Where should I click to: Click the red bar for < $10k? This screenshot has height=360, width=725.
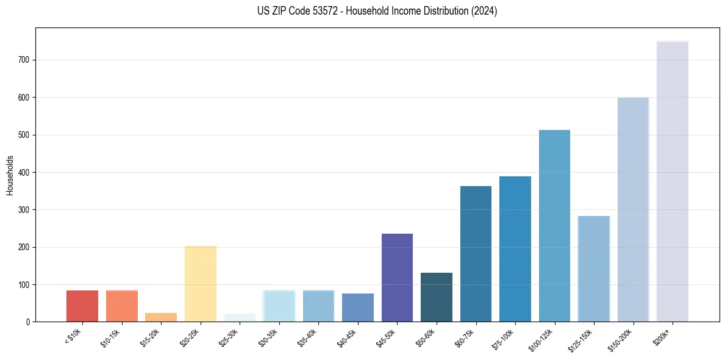[x=82, y=306]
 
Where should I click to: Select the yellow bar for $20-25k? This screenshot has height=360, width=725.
[x=201, y=284]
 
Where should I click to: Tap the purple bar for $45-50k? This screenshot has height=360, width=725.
[x=397, y=278]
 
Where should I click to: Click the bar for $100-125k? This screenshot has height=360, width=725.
[x=554, y=226]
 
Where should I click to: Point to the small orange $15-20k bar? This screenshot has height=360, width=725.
[x=161, y=317]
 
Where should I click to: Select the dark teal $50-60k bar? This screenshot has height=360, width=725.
[x=437, y=297]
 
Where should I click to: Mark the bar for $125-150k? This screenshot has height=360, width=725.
[x=594, y=268]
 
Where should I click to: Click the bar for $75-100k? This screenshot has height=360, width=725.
[x=515, y=249]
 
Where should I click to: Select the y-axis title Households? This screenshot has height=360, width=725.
[x=10, y=175]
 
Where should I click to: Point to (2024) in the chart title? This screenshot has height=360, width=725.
[x=485, y=11]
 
